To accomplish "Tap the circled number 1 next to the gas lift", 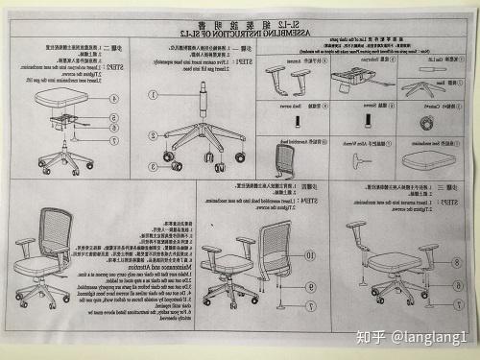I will (152, 95).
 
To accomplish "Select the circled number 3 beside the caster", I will (152, 165).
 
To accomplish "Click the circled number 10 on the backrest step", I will (309, 255).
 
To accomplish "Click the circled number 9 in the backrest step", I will (310, 285).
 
